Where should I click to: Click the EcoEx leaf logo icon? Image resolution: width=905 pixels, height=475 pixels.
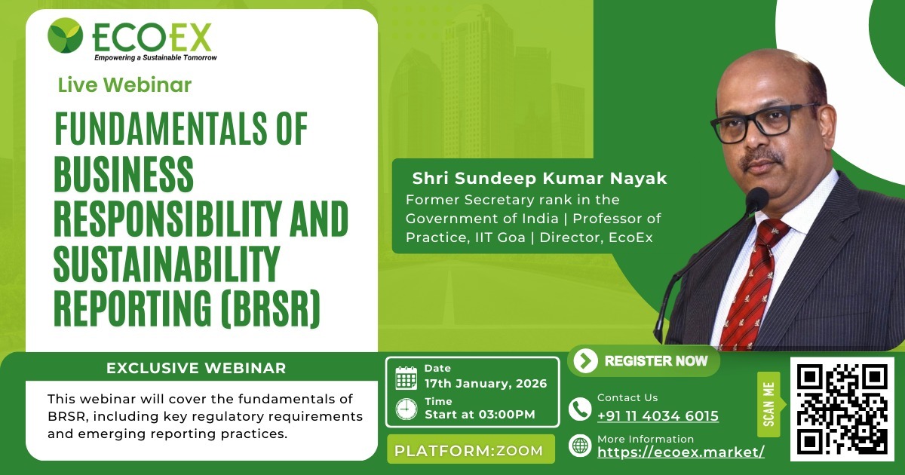[65, 35]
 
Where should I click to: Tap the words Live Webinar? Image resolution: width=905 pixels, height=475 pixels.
[124, 85]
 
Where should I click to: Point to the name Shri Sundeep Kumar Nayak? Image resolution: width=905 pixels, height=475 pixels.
[539, 179]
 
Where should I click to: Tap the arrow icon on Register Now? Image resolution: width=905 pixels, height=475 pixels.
[585, 361]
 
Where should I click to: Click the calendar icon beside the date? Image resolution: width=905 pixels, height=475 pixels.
[406, 377]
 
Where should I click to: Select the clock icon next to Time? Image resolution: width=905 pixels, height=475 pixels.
[406, 409]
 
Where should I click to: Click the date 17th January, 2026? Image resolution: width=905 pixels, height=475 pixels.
[485, 384]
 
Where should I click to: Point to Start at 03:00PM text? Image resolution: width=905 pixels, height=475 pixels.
[480, 414]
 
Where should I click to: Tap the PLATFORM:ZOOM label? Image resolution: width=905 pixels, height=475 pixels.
[469, 451]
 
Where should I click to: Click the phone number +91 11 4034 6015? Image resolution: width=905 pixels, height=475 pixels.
[658, 416]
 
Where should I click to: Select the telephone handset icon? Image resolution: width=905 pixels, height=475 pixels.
[580, 409]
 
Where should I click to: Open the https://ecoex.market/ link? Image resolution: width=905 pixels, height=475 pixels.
[681, 452]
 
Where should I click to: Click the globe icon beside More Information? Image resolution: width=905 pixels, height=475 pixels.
[580, 446]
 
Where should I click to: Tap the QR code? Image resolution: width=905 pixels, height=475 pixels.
[842, 409]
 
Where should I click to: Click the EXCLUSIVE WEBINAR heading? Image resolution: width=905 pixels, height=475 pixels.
[196, 369]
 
